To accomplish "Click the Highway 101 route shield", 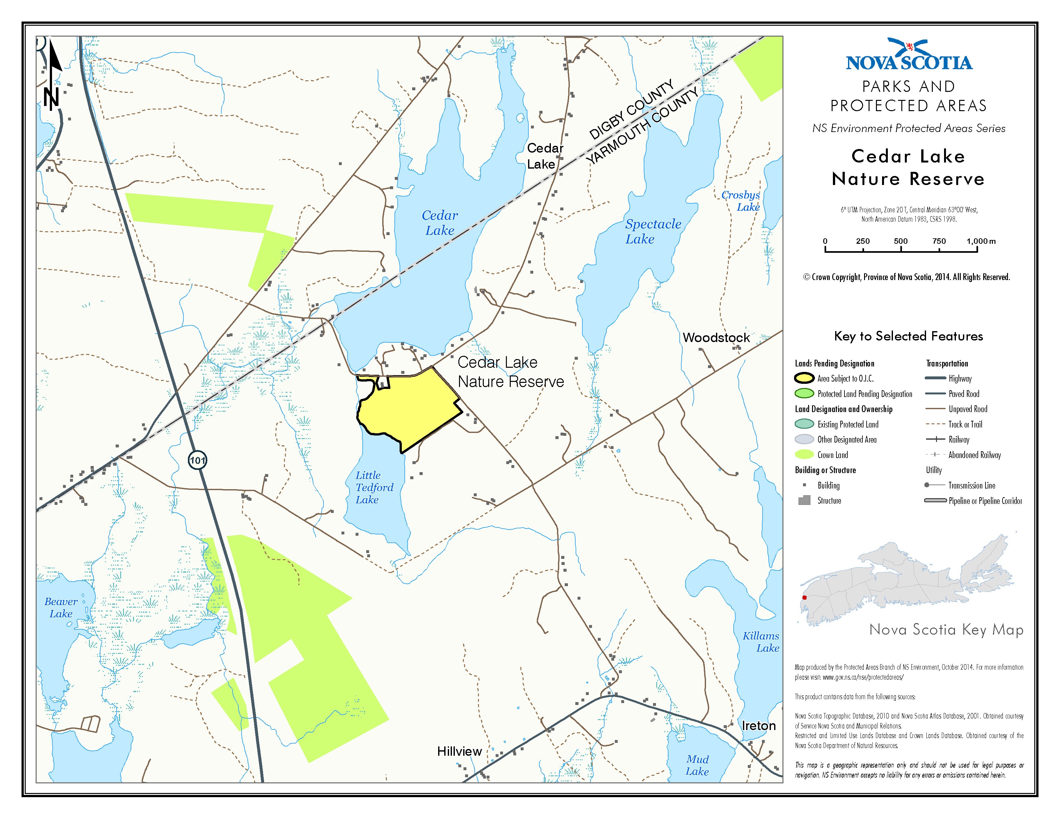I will (x=198, y=460).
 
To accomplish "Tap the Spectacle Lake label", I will (x=652, y=232).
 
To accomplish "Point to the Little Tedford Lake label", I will (x=374, y=487).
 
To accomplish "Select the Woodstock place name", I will (x=716, y=338).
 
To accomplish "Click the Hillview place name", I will (x=459, y=752).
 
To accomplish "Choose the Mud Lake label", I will (x=697, y=765).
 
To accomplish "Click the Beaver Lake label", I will (x=61, y=607).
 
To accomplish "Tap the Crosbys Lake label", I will (x=741, y=201).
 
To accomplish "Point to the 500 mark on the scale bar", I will (x=901, y=241).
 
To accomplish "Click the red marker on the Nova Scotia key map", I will (x=804, y=597).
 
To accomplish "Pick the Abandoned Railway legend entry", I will (x=974, y=454).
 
